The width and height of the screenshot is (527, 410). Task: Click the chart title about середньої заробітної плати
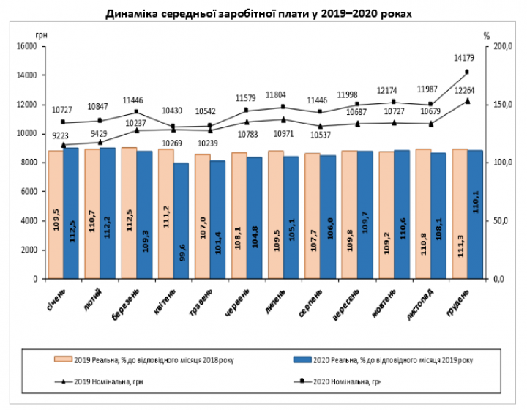pos(264,14)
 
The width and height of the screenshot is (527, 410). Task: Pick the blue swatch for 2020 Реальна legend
pos(302,359)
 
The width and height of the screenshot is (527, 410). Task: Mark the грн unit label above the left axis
pos(40,34)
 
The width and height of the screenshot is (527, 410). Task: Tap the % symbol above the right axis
pos(487,34)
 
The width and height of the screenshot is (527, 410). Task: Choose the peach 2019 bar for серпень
pos(312,216)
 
